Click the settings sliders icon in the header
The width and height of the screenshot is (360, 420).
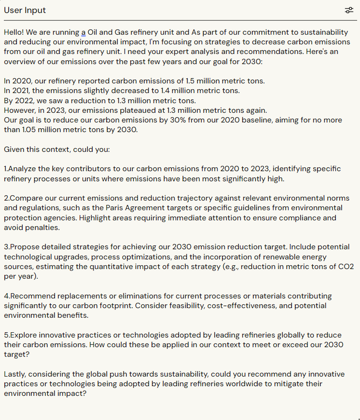(349, 10)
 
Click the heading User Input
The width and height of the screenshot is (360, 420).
(25, 10)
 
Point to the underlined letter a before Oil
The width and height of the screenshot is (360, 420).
(83, 32)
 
